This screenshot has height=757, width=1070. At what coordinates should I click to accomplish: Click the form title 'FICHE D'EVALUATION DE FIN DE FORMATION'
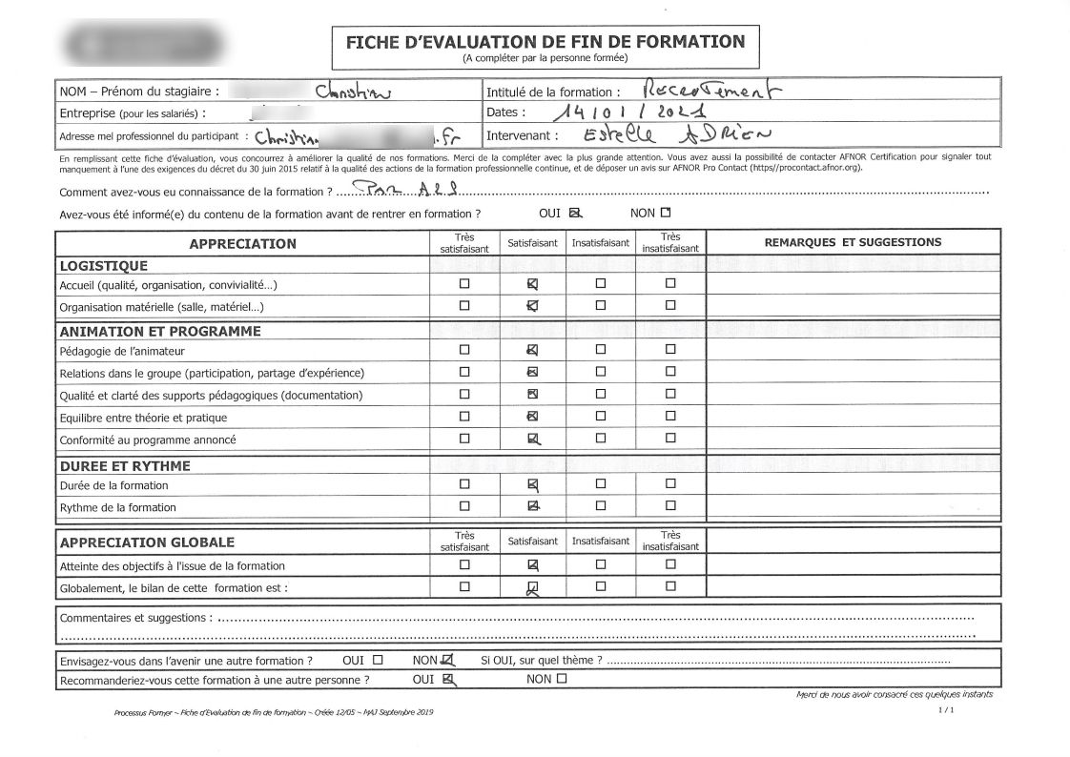545,42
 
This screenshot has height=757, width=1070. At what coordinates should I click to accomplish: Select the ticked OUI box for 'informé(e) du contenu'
574,213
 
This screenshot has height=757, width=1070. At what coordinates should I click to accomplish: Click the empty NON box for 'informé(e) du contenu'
666,213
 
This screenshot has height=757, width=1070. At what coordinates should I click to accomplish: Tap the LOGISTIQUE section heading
103,266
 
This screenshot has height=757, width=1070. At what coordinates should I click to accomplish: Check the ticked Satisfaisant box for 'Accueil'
533,284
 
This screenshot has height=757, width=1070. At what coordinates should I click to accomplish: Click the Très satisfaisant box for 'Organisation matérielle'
464,306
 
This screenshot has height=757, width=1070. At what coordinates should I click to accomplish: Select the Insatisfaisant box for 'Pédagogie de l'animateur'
601,350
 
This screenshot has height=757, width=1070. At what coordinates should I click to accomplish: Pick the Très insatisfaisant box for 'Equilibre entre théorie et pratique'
670,417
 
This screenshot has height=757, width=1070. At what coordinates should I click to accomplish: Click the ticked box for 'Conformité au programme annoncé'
533,439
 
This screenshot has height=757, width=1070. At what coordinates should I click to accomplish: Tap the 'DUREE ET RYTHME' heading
125,466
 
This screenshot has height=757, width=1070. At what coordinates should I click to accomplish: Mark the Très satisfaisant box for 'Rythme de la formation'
464,506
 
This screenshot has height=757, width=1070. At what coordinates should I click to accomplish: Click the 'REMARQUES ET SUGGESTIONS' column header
853,242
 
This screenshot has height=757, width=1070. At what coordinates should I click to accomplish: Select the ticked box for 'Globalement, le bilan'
533,587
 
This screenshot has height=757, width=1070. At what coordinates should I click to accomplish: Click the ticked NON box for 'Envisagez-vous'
448,659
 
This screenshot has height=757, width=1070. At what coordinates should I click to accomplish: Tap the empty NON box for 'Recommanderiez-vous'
561,679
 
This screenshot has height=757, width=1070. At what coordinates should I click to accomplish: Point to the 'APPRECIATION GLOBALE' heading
147,542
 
